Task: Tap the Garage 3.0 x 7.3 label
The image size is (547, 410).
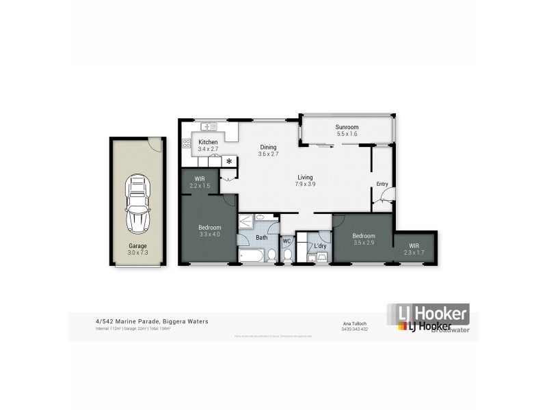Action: point(138,249)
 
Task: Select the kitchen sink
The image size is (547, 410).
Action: point(210,126)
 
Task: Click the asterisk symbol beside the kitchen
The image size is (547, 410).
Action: point(229,161)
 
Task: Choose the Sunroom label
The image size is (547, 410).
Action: point(347,131)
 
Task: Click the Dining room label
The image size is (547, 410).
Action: point(269,150)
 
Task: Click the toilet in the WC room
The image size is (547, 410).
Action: point(287,255)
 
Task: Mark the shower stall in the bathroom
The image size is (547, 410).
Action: point(246,221)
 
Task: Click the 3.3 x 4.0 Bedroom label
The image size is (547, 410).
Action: point(210,231)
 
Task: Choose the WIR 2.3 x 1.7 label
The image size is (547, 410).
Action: point(414,249)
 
